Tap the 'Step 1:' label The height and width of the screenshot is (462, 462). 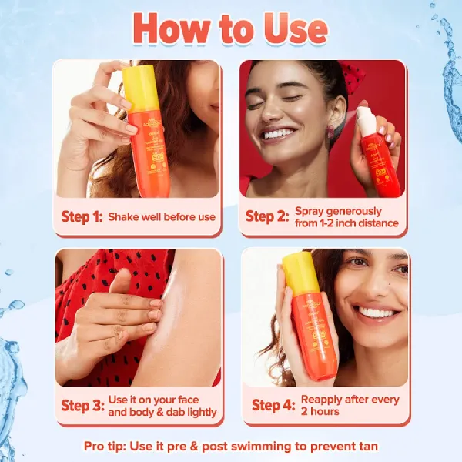point(81,216)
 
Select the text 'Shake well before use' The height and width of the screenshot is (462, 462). point(162,217)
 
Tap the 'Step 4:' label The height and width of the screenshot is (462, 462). point(272,405)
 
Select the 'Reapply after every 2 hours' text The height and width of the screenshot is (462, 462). point(350,405)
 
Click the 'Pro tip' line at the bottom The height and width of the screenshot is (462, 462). point(231,446)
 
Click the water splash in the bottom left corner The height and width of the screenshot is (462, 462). point(12,370)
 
